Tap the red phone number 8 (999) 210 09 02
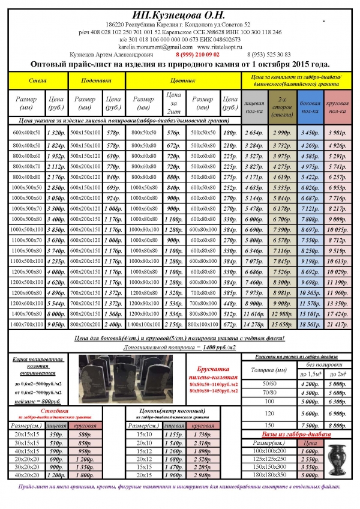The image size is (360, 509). (x=199, y=54)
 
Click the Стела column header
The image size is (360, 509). (x=38, y=79)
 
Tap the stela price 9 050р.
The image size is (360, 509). (x=55, y=324)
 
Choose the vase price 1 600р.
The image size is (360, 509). (x=307, y=450)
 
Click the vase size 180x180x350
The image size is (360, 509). (x=270, y=474)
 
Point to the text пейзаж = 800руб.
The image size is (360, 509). (x=37, y=400)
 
